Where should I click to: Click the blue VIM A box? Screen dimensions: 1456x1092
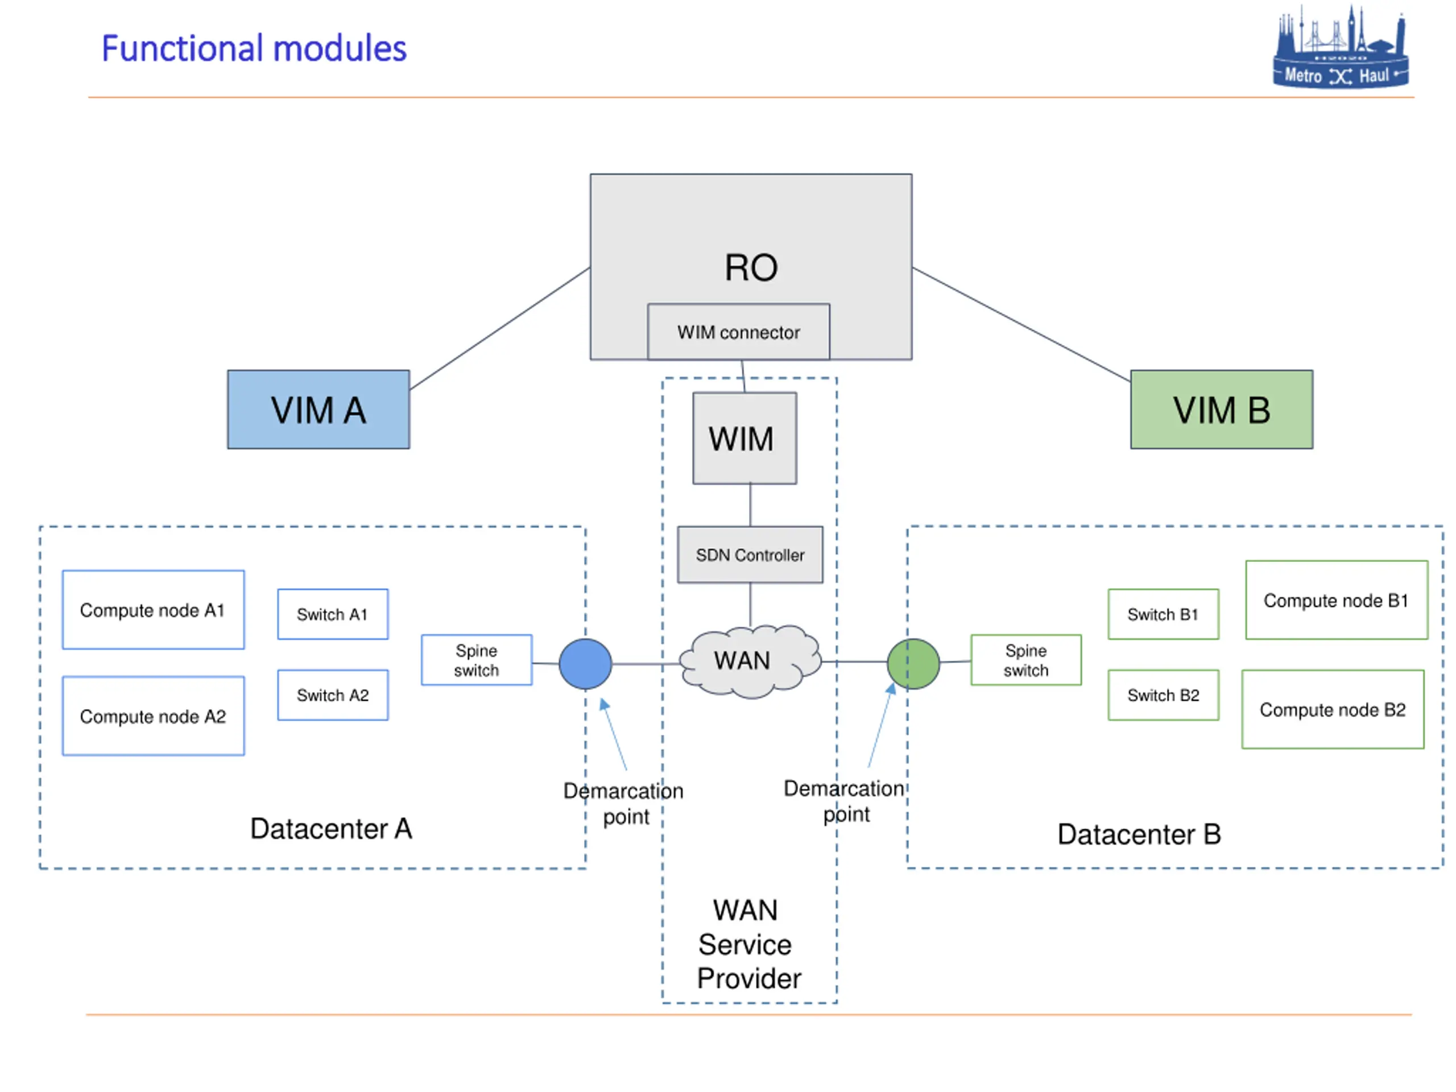pos(318,409)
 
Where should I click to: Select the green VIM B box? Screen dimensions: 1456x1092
pos(1222,409)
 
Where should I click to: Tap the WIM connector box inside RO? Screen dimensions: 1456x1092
pos(739,332)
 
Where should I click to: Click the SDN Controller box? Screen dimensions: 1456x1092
pos(750,555)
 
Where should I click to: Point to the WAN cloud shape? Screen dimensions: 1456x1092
pos(750,661)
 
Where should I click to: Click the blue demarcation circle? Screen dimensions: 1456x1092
pos(585,664)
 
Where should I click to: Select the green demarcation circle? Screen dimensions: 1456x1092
pos(913,664)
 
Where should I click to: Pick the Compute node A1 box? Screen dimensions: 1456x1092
pos(154,610)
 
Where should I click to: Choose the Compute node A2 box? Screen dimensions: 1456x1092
pos(154,715)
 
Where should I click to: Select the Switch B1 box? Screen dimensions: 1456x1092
pos(1164,614)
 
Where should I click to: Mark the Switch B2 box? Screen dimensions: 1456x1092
pos(1164,695)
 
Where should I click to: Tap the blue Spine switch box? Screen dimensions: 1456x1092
pos(477,660)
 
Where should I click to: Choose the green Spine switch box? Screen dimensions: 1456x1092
pos(1026,660)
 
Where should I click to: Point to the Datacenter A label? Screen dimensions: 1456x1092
pos(331,829)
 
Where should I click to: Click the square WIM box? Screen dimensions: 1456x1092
pos(744,439)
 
